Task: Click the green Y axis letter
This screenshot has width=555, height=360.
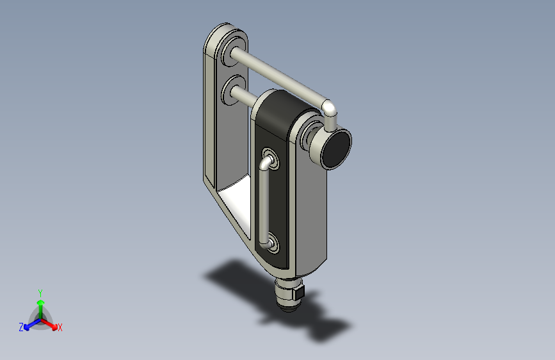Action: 40,293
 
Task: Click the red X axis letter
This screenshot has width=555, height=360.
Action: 60,327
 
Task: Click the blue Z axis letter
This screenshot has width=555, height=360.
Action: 21,327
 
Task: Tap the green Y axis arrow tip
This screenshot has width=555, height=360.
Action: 41,302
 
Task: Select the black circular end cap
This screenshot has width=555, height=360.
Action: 336,149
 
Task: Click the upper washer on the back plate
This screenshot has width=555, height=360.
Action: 234,51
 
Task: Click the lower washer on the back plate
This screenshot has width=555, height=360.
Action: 234,90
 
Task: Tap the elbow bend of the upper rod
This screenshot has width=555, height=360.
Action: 330,108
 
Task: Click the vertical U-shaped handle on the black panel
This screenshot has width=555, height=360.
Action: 263,202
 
